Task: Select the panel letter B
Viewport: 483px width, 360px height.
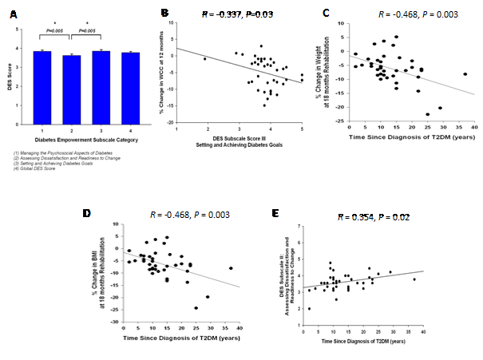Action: point(164,14)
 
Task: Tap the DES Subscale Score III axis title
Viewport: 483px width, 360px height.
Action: point(240,140)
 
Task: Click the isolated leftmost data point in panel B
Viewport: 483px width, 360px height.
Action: point(204,59)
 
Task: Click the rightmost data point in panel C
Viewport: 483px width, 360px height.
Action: point(465,74)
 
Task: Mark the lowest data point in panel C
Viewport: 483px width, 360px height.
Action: point(428,114)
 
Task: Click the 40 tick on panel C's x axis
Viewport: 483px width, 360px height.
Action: point(474,128)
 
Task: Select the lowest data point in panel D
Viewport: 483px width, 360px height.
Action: point(196,308)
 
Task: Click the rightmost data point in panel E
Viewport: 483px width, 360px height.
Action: point(414,279)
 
